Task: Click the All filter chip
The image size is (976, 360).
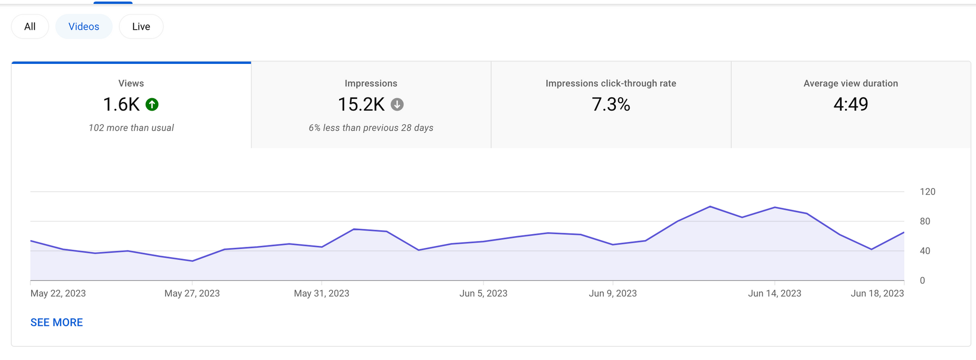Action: (x=30, y=26)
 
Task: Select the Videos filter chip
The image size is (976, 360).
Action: (x=84, y=26)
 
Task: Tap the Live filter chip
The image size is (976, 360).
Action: (x=141, y=26)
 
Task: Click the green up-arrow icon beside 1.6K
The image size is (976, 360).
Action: (x=152, y=104)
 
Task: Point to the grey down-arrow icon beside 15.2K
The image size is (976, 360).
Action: (x=397, y=104)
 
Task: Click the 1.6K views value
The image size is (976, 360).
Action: (x=122, y=104)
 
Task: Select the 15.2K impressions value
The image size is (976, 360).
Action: (x=361, y=104)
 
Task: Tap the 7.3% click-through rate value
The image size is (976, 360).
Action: (x=611, y=104)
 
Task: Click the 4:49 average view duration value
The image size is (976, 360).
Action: (x=851, y=104)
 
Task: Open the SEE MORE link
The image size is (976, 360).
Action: (x=57, y=322)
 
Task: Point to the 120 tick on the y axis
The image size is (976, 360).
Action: (x=927, y=192)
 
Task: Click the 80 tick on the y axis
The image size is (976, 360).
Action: (x=925, y=221)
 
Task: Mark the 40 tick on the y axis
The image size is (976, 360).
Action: (x=925, y=251)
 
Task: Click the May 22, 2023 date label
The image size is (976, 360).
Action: (x=58, y=293)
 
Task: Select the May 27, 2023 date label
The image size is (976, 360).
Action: (x=192, y=293)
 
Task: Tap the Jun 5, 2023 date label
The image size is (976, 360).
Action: (x=483, y=293)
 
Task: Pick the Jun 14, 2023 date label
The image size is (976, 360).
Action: (x=774, y=293)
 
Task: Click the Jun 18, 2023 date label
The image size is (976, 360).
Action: (x=877, y=293)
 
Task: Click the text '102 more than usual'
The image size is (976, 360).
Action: (x=131, y=128)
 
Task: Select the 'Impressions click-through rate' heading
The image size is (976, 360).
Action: (x=611, y=83)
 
